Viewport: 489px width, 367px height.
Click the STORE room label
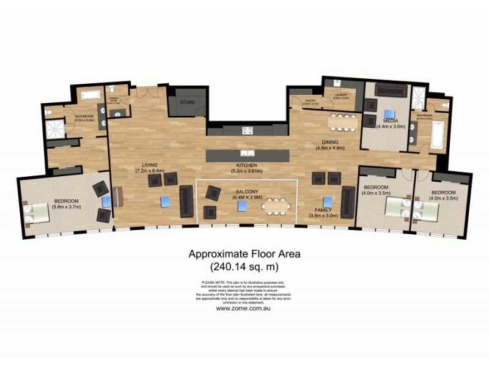pyautogui.click(x=187, y=103)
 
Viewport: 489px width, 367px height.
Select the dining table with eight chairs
pyautogui.click(x=343, y=121)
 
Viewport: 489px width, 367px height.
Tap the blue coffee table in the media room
pyautogui.click(x=389, y=113)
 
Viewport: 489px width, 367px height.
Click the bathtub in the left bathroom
pyautogui.click(x=90, y=95)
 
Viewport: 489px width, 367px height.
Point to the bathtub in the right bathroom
pyautogui.click(x=438, y=135)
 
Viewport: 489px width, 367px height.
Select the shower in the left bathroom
pyautogui.click(x=56, y=128)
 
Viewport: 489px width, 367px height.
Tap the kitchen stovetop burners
pyautogui.click(x=248, y=130)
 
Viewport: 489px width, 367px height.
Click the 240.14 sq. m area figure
pyautogui.click(x=244, y=267)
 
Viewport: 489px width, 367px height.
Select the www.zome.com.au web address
pyautogui.click(x=243, y=308)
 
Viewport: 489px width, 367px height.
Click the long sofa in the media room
pyautogui.click(x=391, y=91)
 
